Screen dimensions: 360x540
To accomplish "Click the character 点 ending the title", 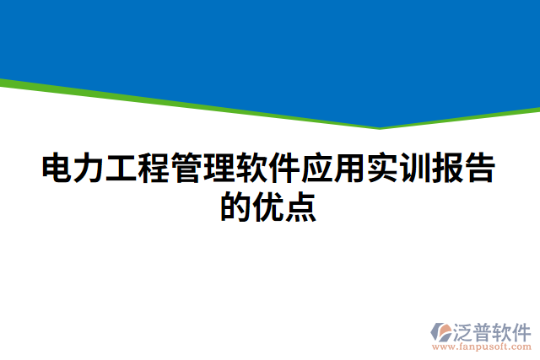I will (301, 207).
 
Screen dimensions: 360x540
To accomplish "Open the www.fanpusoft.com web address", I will (481, 347).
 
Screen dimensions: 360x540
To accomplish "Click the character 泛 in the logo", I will (465, 329).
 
